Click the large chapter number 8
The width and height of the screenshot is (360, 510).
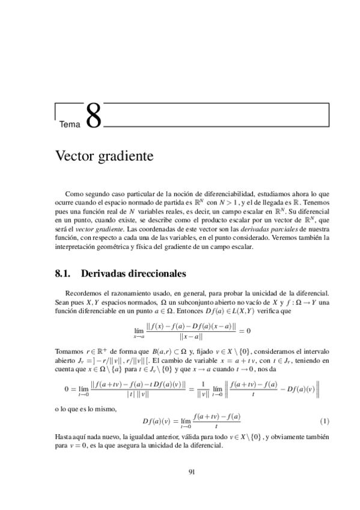click(x=93, y=117)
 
